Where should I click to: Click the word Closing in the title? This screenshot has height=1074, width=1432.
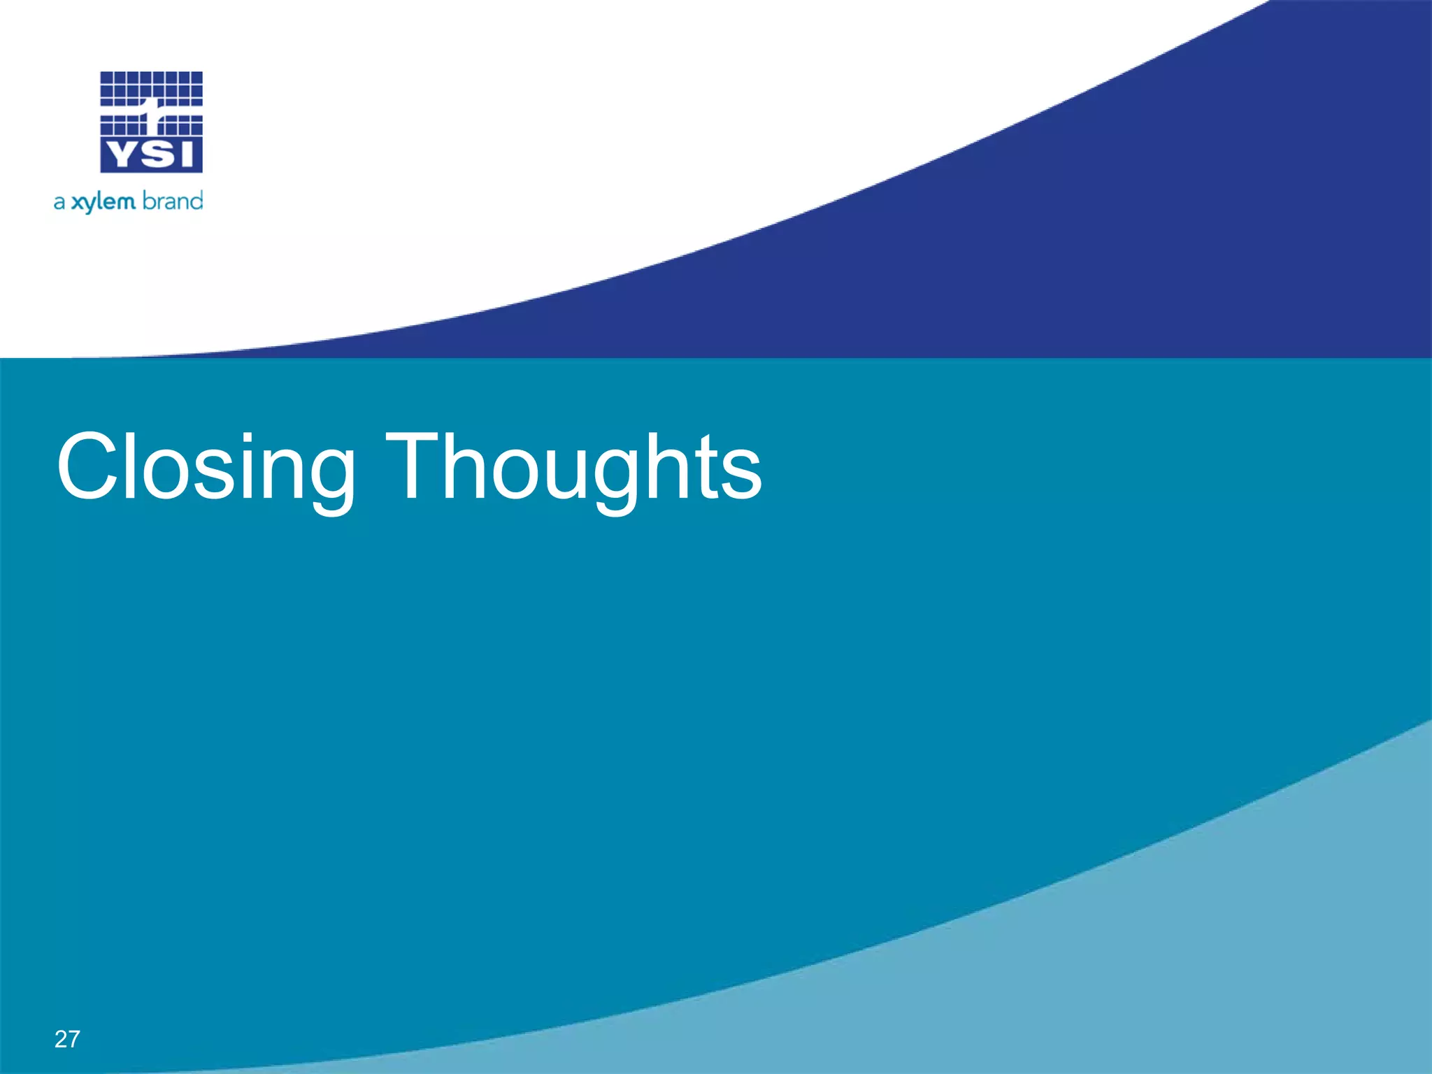(x=206, y=467)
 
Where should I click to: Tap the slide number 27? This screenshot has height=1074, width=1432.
(x=67, y=1039)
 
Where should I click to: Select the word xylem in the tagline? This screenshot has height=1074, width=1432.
(x=103, y=202)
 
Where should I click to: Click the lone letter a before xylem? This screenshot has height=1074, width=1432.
(x=59, y=203)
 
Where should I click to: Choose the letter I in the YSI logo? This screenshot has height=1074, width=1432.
(x=185, y=155)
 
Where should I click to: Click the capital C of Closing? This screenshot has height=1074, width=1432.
(x=89, y=467)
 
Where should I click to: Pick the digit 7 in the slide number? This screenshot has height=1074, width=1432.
(x=73, y=1039)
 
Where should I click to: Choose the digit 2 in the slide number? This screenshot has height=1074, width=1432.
(x=61, y=1039)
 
